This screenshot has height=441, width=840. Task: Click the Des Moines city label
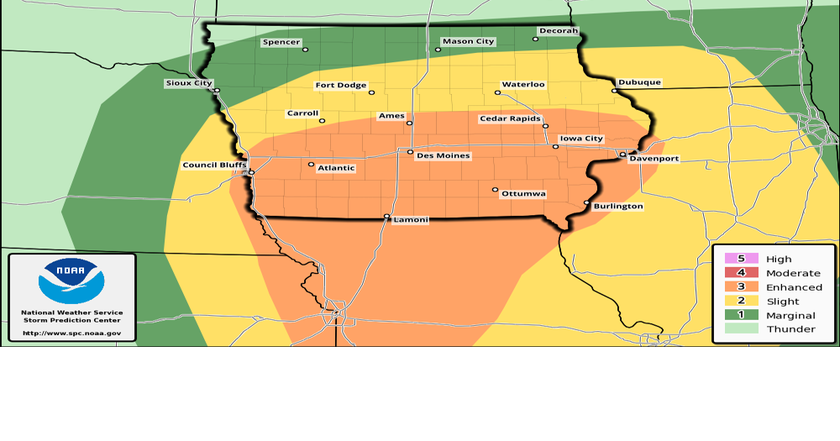click(x=444, y=156)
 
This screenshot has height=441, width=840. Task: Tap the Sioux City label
click(x=188, y=83)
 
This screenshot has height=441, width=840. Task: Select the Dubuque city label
click(x=639, y=82)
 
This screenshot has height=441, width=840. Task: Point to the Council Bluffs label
click(x=214, y=165)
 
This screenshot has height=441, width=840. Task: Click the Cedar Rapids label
click(x=510, y=119)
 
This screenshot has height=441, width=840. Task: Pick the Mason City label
click(x=469, y=41)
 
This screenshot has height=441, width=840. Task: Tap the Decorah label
click(x=559, y=31)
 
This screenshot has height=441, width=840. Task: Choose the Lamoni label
click(x=411, y=220)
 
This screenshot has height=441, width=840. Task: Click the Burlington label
click(x=618, y=206)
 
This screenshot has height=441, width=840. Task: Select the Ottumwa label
click(x=523, y=194)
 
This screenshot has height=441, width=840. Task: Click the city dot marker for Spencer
click(x=305, y=50)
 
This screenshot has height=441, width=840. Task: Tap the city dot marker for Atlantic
click(x=311, y=165)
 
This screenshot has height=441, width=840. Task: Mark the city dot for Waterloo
click(x=497, y=92)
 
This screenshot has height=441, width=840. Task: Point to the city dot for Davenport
click(x=622, y=155)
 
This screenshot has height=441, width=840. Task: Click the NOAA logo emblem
click(x=71, y=281)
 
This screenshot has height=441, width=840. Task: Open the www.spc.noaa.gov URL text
click(x=71, y=333)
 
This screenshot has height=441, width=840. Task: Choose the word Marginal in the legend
click(x=790, y=315)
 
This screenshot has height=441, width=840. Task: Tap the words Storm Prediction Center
click(x=71, y=320)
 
